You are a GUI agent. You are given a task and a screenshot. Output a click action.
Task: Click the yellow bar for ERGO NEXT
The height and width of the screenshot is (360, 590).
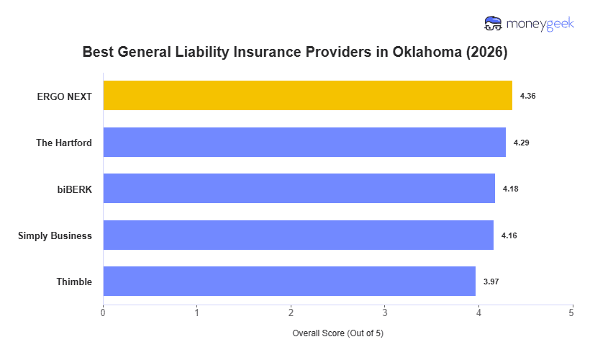pyautogui.click(x=307, y=96)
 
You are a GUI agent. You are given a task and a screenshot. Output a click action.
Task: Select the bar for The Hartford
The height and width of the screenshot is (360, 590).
pyautogui.click(x=304, y=143)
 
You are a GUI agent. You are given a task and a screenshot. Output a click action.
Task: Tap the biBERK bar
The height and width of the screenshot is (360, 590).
pyautogui.click(x=299, y=189)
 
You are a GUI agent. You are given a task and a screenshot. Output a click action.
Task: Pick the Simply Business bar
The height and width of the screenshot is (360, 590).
pyautogui.click(x=298, y=235)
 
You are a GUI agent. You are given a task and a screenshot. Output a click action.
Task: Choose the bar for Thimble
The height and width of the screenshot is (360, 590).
pyautogui.click(x=289, y=282)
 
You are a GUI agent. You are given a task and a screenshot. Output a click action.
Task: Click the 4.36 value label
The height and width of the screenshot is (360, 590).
pyautogui.click(x=528, y=96)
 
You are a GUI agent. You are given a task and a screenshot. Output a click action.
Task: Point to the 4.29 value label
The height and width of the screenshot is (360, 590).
pyautogui.click(x=522, y=143)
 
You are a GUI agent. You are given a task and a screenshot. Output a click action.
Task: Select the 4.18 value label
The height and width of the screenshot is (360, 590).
pyautogui.click(x=511, y=189)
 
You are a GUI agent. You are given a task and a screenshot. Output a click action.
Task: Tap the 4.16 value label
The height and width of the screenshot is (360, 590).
pyautogui.click(x=509, y=235)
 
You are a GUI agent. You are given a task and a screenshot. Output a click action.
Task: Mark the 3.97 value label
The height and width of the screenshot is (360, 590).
pyautogui.click(x=491, y=282)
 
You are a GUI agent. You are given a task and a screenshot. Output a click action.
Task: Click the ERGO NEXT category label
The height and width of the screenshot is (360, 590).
pyautogui.click(x=65, y=96)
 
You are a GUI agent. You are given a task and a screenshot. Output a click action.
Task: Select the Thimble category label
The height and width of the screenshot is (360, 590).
pyautogui.click(x=74, y=282)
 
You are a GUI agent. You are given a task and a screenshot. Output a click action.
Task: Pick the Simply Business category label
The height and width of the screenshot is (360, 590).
pyautogui.click(x=55, y=235)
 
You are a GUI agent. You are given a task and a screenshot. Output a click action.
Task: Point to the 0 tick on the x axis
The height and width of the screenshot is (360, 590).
pyautogui.click(x=103, y=312)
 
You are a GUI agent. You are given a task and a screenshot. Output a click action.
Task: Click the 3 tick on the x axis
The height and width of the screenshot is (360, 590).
pyautogui.click(x=385, y=312)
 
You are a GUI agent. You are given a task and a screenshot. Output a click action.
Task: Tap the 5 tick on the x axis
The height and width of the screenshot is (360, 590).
pyautogui.click(x=572, y=312)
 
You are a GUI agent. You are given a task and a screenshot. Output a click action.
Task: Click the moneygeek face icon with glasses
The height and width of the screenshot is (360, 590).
pyautogui.click(x=493, y=24)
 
